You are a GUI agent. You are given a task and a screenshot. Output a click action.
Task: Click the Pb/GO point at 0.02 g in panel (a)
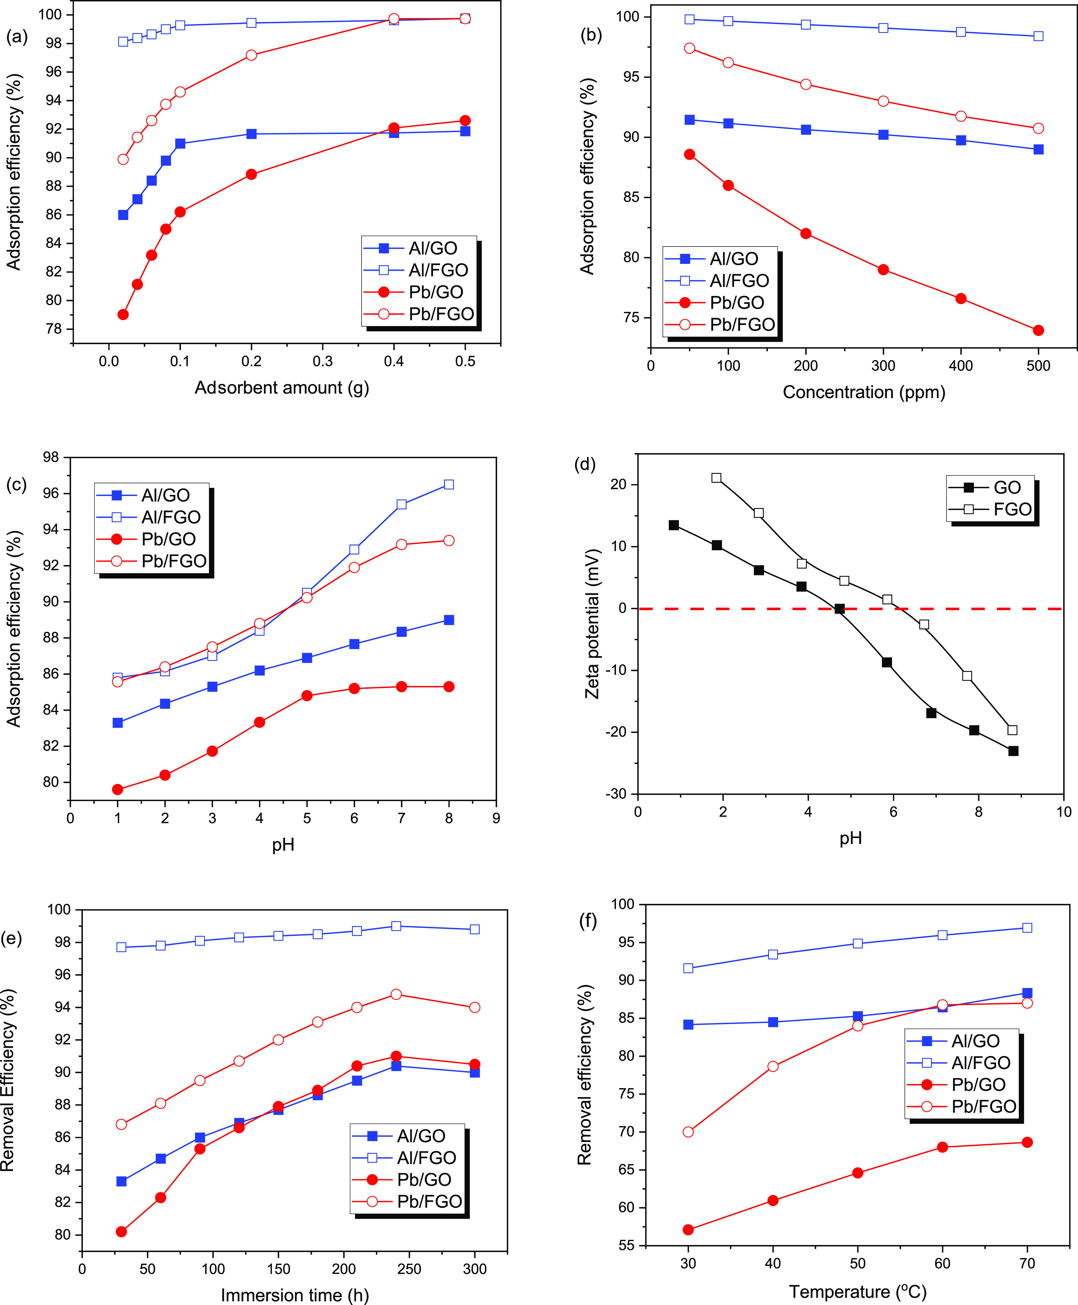click(123, 315)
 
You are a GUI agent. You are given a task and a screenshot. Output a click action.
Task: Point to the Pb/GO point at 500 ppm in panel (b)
click(1038, 330)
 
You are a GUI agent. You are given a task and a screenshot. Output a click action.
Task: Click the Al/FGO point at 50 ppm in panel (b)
click(689, 19)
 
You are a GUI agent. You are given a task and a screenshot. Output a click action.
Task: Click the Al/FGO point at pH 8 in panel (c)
click(449, 484)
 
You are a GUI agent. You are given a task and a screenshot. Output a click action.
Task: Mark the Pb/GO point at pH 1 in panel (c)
click(117, 790)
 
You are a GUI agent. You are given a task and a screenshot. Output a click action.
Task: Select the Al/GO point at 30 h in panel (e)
click(122, 1181)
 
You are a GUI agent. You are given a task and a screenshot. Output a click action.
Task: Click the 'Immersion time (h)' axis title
click(295, 1295)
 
